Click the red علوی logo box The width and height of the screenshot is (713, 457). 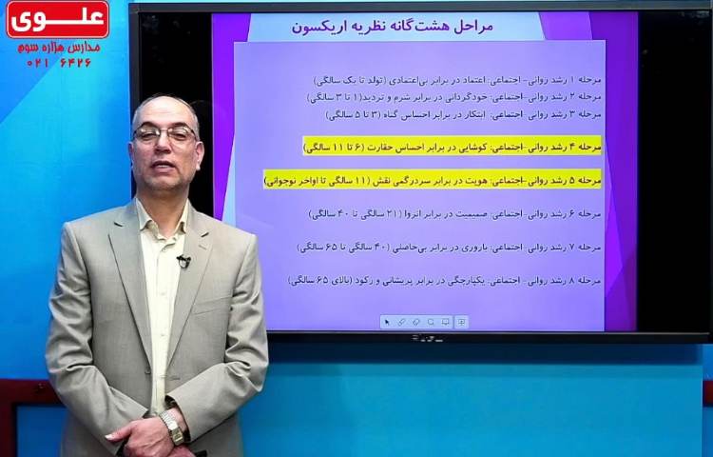pyautogui.click(x=57, y=19)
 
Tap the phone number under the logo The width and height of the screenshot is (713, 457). pyautogui.click(x=59, y=62)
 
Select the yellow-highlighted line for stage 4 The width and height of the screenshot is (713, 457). pyautogui.click(x=453, y=147)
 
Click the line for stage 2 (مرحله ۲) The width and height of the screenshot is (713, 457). pyautogui.click(x=454, y=97)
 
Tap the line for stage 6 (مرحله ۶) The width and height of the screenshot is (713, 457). pyautogui.click(x=455, y=214)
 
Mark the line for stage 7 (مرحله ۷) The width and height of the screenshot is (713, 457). pyautogui.click(x=450, y=247)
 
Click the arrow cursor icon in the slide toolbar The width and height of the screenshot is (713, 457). pyautogui.click(x=387, y=322)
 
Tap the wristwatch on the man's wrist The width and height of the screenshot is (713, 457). pyautogui.click(x=172, y=426)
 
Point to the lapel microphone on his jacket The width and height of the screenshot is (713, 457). pyautogui.click(x=183, y=259)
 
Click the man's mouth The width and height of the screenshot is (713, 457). pyautogui.click(x=164, y=169)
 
